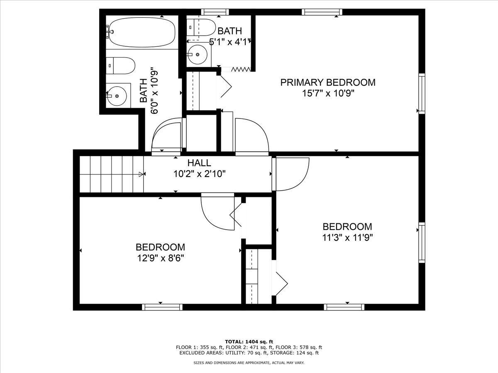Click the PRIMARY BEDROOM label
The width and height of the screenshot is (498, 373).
pyautogui.click(x=328, y=82)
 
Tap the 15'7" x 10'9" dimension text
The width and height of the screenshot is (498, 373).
pyautogui.click(x=328, y=93)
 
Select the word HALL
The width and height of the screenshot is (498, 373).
pyautogui.click(x=199, y=163)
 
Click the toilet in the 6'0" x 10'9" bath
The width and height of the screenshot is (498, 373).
pyautogui.click(x=120, y=65)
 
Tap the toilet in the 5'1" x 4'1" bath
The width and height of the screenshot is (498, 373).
pyautogui.click(x=201, y=27)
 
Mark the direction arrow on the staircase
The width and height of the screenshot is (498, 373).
pyautogui.click(x=142, y=174)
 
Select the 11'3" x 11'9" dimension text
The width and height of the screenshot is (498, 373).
pyautogui.click(x=347, y=238)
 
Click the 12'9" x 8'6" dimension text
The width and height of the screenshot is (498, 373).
pyautogui.click(x=160, y=258)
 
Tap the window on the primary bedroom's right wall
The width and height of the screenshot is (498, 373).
pyautogui.click(x=422, y=93)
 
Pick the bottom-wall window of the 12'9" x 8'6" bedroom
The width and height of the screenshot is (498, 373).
pyautogui.click(x=162, y=307)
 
